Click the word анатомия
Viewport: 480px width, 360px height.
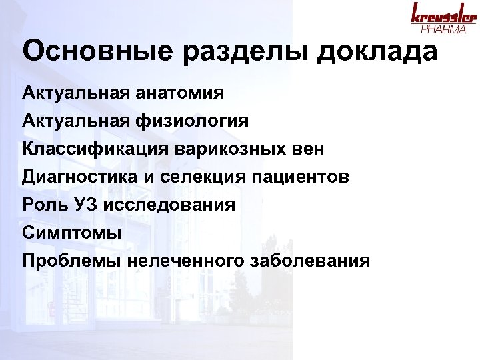click(x=185, y=92)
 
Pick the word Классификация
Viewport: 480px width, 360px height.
click(x=96, y=149)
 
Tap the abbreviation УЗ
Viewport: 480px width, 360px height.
click(x=86, y=204)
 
